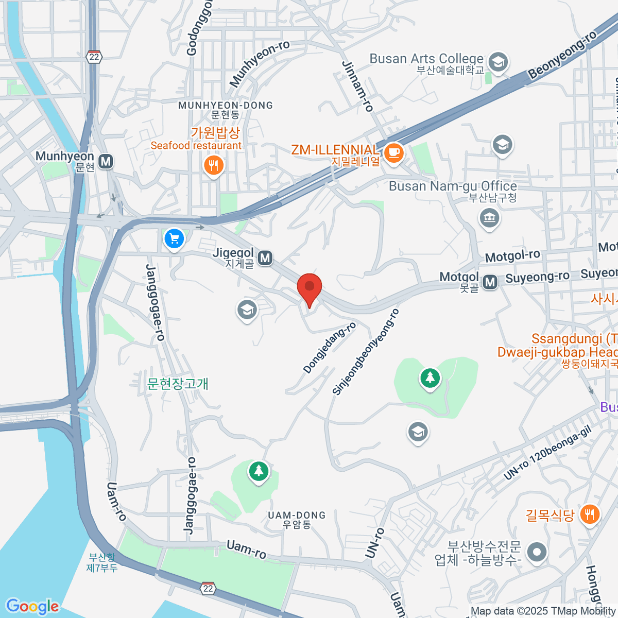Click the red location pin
click(x=310, y=287)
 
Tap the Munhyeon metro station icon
click(x=106, y=161)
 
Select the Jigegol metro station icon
click(x=265, y=257)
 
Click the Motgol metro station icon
click(x=490, y=281)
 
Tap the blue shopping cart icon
click(x=174, y=239)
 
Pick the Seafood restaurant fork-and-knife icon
click(x=213, y=165)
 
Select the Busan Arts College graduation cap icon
click(x=498, y=62)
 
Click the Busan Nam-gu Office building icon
click(x=490, y=218)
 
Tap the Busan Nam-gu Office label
click(x=453, y=186)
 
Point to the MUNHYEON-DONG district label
click(x=226, y=106)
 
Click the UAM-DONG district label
click(x=297, y=516)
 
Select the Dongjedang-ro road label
click(x=329, y=348)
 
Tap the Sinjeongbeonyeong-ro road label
click(x=366, y=352)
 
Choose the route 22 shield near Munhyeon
click(x=94, y=57)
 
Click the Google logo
click(x=32, y=607)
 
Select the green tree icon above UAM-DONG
click(x=259, y=470)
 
